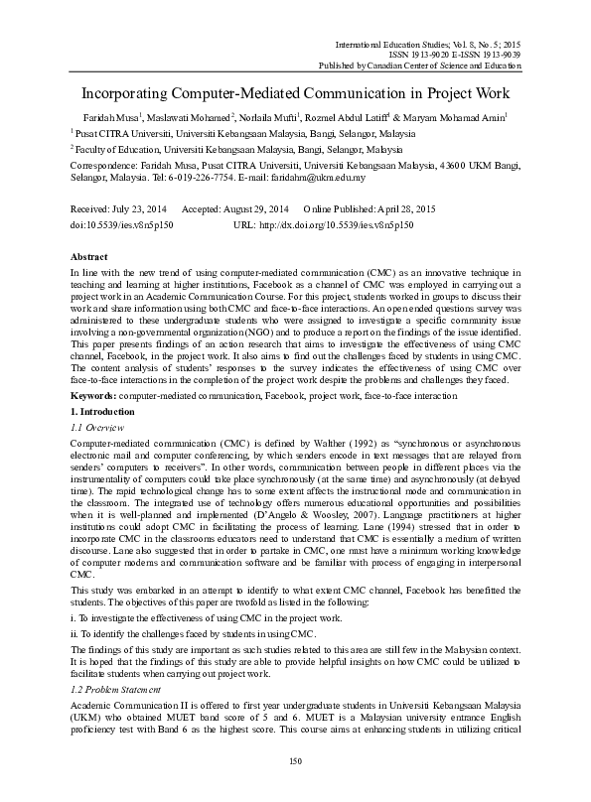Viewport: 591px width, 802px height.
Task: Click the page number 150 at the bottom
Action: coord(294,789)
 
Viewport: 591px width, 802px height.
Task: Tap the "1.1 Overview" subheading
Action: coord(98,370)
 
